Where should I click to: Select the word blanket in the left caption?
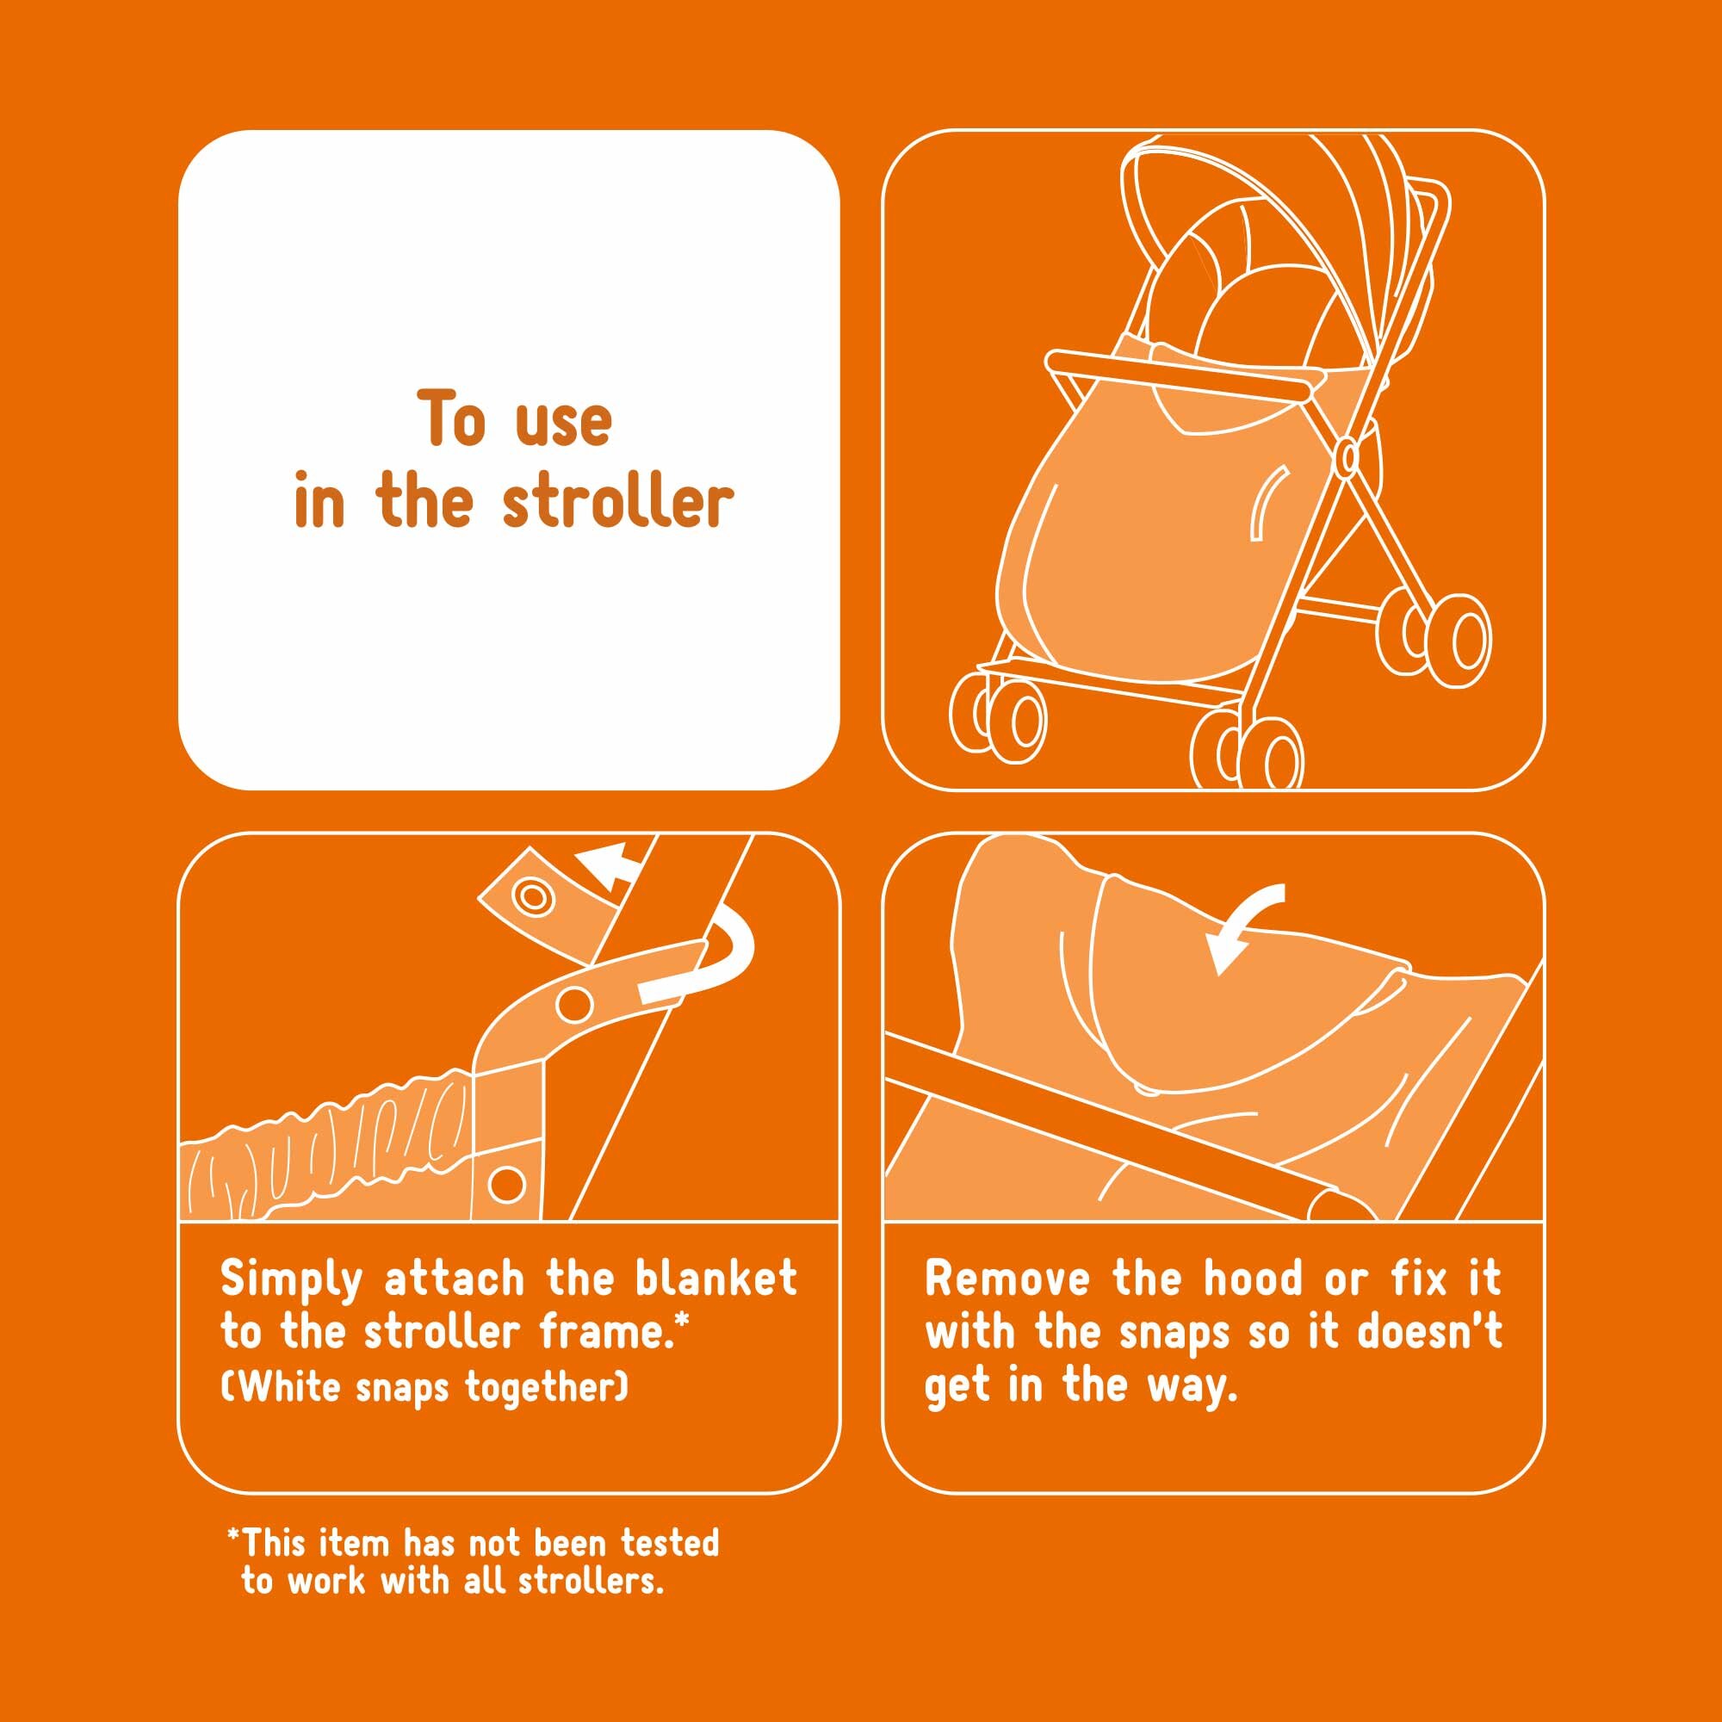[x=715, y=1279]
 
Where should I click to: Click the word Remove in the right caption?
[x=1007, y=1279]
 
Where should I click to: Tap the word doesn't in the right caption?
[x=1429, y=1332]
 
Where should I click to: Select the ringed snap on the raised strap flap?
[x=533, y=895]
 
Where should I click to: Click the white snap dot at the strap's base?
[x=507, y=1185]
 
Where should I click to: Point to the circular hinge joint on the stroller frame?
[x=1348, y=457]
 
